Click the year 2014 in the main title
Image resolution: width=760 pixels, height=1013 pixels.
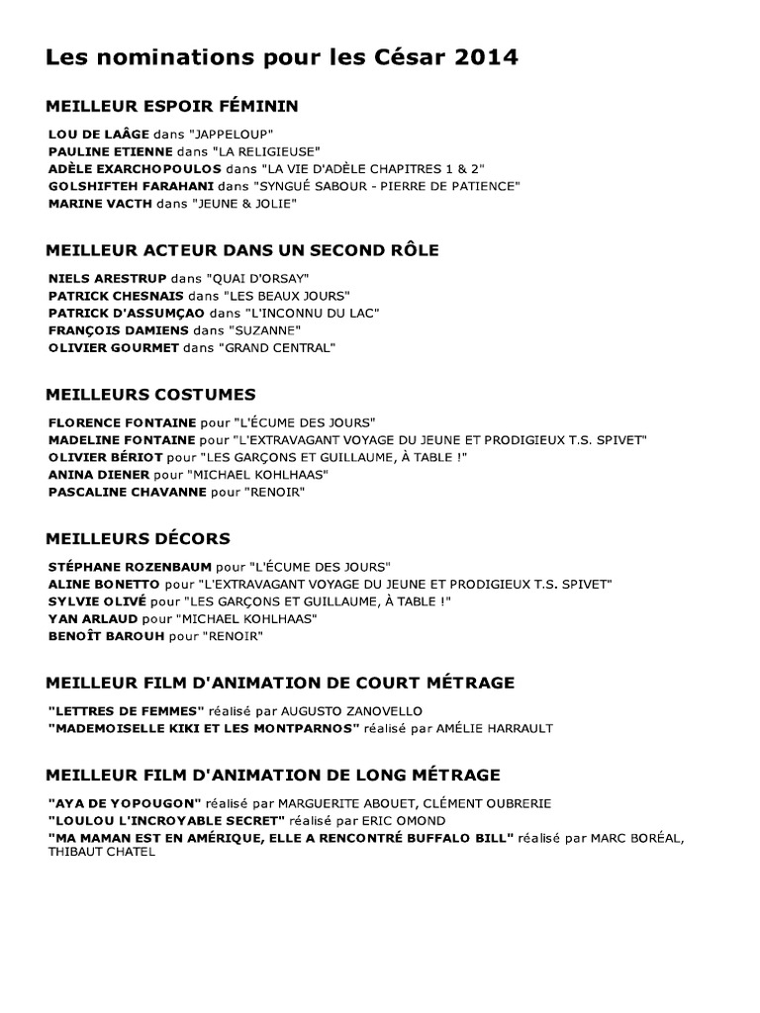pyautogui.click(x=483, y=58)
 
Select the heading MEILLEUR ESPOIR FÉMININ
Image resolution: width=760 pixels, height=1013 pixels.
pyautogui.click(x=172, y=106)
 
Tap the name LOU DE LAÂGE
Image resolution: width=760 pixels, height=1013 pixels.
pyautogui.click(x=98, y=133)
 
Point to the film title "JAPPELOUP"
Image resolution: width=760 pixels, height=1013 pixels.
pyautogui.click(x=234, y=133)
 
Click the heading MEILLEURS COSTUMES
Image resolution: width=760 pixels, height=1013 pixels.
pyautogui.click(x=150, y=394)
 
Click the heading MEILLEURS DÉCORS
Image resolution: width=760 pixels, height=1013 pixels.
pyautogui.click(x=138, y=538)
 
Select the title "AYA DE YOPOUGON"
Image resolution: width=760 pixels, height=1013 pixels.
pyautogui.click(x=125, y=802)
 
